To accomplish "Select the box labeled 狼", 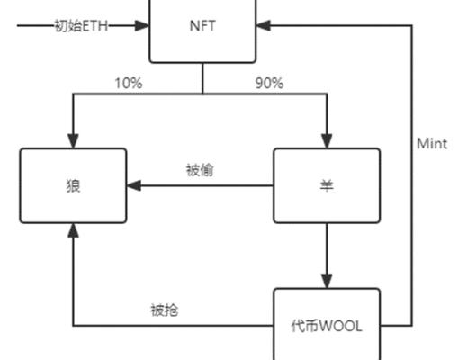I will [x=73, y=185].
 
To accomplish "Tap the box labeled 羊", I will [x=326, y=185].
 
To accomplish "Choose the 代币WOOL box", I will [x=326, y=324].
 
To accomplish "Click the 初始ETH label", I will [x=82, y=25].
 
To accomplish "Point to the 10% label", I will [x=127, y=84].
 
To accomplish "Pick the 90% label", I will [x=269, y=84].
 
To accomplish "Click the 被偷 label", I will [x=199, y=170].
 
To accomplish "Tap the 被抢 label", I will [x=164, y=310].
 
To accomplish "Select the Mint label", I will [x=432, y=143].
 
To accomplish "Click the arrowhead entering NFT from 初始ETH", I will [x=142, y=25].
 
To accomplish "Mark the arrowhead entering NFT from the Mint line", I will [x=263, y=25].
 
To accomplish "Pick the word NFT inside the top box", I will [x=202, y=25].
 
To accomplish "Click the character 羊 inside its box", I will [x=326, y=185].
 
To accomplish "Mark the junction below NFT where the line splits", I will [x=202, y=93].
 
